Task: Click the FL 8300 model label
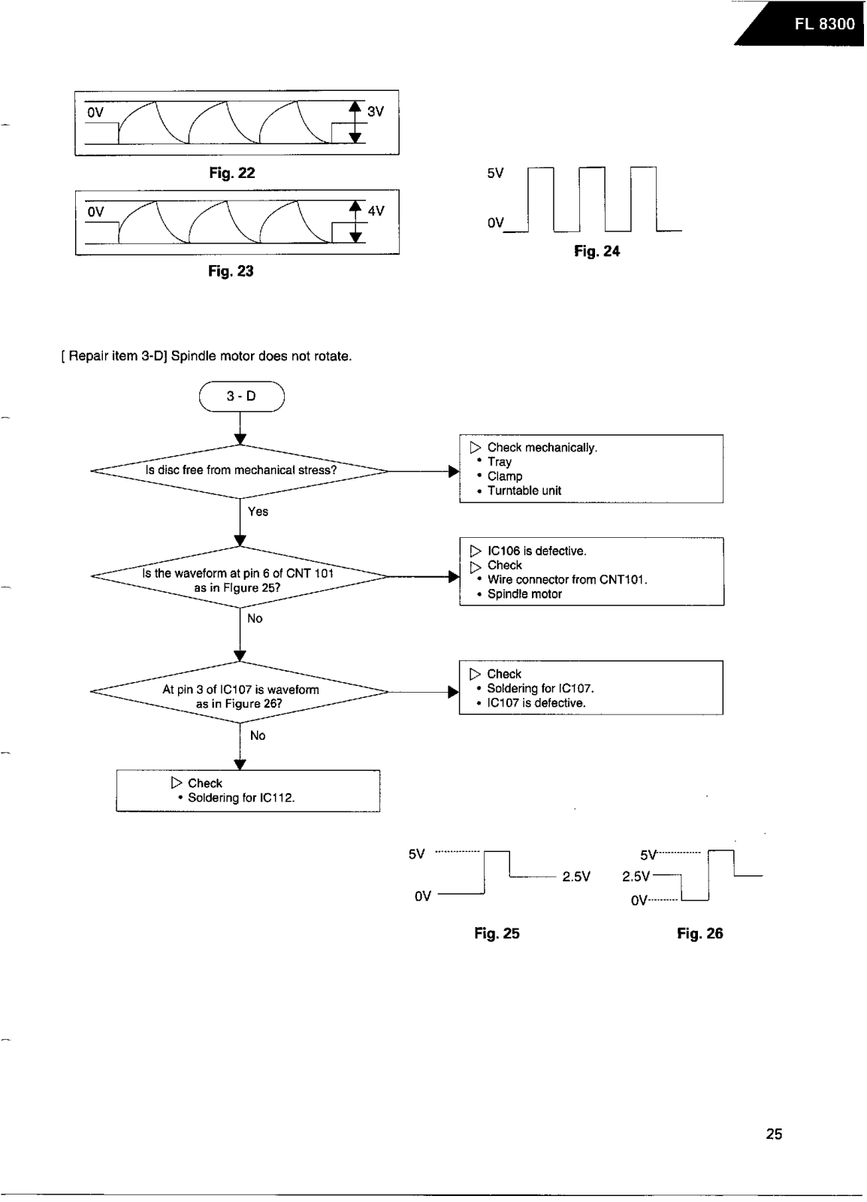tap(825, 24)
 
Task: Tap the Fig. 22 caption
tap(231, 173)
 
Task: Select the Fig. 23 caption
tap(231, 271)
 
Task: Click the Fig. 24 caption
tap(597, 251)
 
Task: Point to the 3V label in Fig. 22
tap(376, 112)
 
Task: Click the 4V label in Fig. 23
tap(376, 211)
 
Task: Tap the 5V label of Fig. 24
tap(495, 174)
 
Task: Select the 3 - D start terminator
tap(241, 397)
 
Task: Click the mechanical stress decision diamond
tap(240, 472)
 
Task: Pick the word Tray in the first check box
tap(500, 462)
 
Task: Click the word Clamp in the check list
tap(505, 476)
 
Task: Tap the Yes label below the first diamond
tap(258, 512)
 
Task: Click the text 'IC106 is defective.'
tap(537, 551)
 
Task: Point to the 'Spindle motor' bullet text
tap(524, 594)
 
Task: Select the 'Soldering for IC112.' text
tap(241, 798)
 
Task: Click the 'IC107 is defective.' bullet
tap(536, 703)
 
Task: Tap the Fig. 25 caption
tap(497, 933)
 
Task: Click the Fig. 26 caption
tap(699, 933)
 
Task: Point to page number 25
tap(774, 1134)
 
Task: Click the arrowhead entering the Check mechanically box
tap(454, 472)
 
